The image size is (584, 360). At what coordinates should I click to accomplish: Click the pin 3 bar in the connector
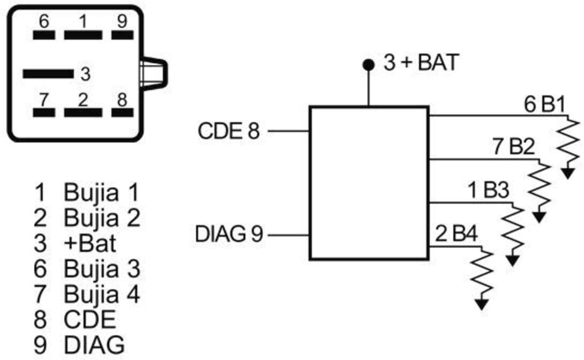click(x=48, y=74)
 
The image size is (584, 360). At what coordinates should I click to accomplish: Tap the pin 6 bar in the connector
click(x=44, y=35)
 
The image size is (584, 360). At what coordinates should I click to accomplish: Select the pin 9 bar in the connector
click(x=123, y=35)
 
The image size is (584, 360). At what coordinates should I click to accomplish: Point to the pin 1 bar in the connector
click(x=83, y=35)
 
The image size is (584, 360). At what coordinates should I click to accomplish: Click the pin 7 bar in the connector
click(x=44, y=112)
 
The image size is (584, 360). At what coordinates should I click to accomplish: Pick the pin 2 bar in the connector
click(x=83, y=112)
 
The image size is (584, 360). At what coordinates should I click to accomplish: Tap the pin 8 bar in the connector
click(x=123, y=112)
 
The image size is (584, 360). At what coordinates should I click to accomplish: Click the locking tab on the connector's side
click(x=154, y=74)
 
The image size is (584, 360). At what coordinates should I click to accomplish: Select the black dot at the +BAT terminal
click(x=369, y=65)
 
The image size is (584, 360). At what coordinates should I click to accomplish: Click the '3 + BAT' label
click(x=421, y=62)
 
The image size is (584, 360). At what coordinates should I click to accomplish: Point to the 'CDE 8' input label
click(x=228, y=131)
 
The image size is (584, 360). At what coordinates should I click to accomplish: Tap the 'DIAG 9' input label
click(x=229, y=235)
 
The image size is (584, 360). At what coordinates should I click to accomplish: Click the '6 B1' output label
click(x=545, y=104)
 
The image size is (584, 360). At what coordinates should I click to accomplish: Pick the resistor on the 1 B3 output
click(x=513, y=231)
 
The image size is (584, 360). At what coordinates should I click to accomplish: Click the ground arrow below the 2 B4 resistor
click(x=482, y=304)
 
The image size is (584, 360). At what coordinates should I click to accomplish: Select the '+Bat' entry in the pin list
click(x=90, y=243)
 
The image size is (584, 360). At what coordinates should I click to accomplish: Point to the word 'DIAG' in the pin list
click(x=94, y=345)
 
